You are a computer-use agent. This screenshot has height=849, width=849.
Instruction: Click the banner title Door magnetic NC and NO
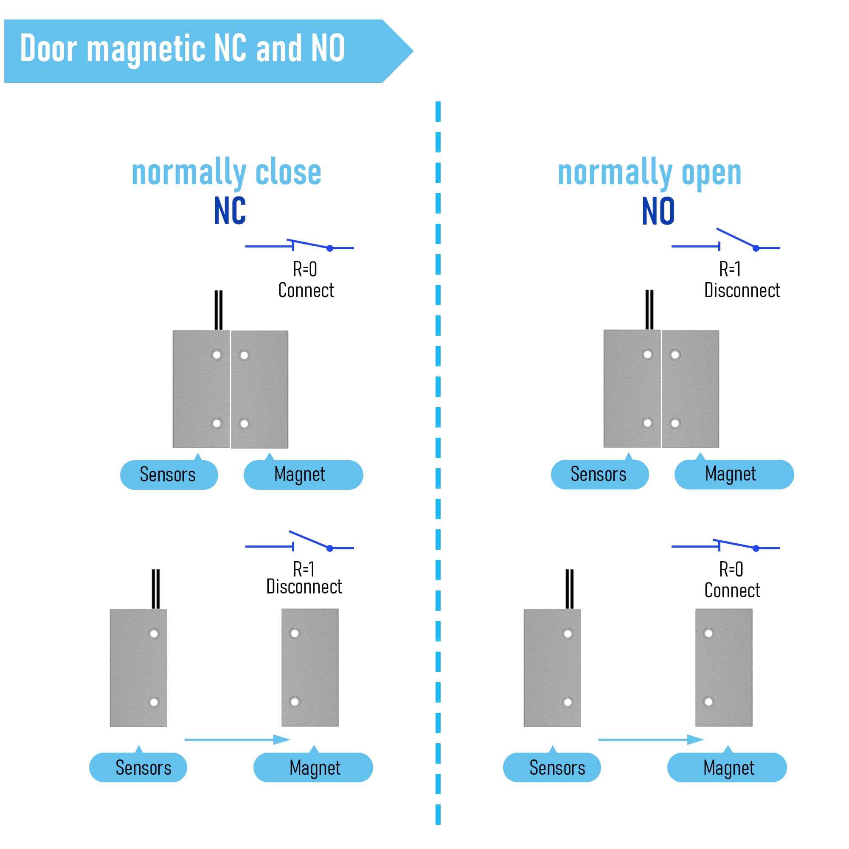tap(183, 49)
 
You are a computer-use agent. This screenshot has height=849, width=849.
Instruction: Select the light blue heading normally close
tap(226, 172)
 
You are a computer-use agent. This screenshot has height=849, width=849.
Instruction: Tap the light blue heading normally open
tap(649, 172)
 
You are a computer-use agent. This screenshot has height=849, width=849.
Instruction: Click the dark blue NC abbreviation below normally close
tap(230, 211)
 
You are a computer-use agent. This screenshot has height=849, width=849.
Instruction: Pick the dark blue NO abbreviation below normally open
tap(658, 211)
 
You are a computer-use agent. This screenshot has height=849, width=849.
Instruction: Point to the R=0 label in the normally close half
tap(305, 269)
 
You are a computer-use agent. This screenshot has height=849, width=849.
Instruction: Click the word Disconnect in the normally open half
tap(742, 290)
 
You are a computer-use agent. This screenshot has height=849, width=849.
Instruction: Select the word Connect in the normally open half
tap(732, 590)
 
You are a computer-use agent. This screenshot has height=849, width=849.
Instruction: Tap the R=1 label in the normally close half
tap(304, 569)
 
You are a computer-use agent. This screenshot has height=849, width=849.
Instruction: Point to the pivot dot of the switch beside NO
tap(756, 248)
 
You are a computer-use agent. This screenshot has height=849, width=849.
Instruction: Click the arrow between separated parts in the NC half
tap(237, 739)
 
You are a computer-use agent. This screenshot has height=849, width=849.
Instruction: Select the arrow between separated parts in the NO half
tap(651, 739)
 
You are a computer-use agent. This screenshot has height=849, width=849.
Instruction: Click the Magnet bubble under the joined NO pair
tap(734, 474)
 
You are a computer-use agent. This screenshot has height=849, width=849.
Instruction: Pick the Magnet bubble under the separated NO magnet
tap(727, 767)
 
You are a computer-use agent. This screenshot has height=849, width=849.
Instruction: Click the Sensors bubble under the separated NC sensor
tap(138, 767)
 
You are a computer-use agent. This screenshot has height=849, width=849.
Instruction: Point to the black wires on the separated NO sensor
tap(570, 589)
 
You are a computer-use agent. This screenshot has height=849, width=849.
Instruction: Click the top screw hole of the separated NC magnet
tap(295, 633)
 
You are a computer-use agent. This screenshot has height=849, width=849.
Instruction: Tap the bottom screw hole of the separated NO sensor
tap(568, 702)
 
